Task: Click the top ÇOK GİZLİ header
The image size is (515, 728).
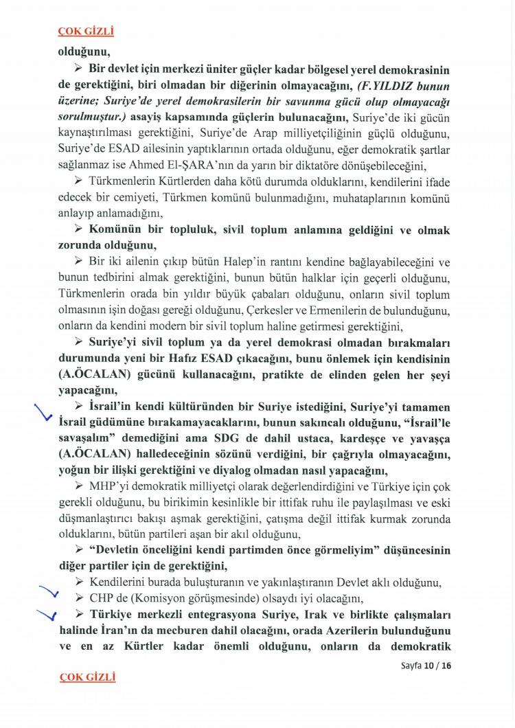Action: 86,31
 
